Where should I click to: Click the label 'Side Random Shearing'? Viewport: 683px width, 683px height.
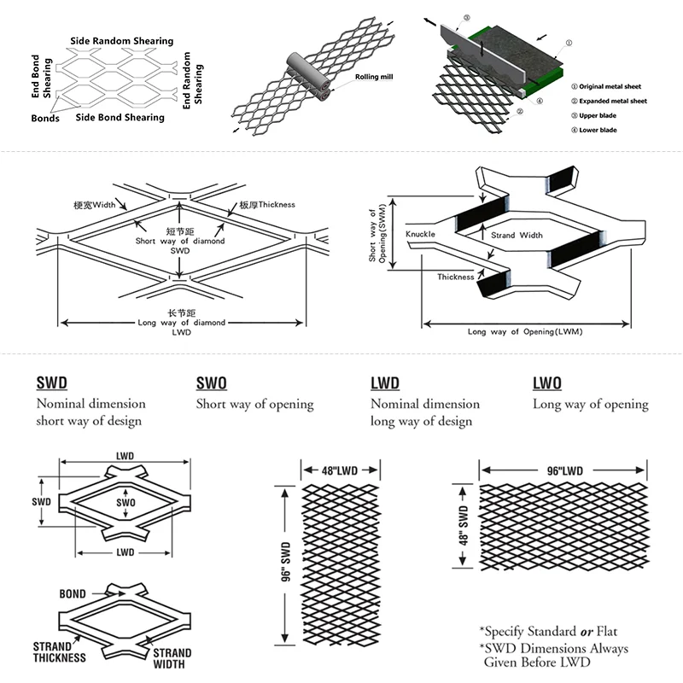pyautogui.click(x=122, y=41)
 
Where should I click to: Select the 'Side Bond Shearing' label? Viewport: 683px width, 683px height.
pyautogui.click(x=120, y=117)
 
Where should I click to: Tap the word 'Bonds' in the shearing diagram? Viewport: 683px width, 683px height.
pyautogui.click(x=45, y=119)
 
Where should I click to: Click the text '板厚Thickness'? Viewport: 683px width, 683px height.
pyautogui.click(x=266, y=206)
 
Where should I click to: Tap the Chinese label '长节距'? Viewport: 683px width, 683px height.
pyautogui.click(x=182, y=313)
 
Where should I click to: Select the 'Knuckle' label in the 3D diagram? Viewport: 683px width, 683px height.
pyautogui.click(x=421, y=233)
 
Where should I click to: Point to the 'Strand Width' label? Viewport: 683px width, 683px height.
pyautogui.click(x=517, y=235)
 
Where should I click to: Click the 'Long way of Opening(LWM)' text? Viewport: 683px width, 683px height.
pyautogui.click(x=524, y=331)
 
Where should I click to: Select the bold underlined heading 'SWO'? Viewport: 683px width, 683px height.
pyautogui.click(x=212, y=383)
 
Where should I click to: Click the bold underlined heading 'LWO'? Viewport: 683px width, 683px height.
pyautogui.click(x=547, y=383)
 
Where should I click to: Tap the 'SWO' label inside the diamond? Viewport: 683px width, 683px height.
pyautogui.click(x=126, y=504)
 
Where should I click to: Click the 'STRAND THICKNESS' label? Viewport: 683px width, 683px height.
pyautogui.click(x=60, y=651)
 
